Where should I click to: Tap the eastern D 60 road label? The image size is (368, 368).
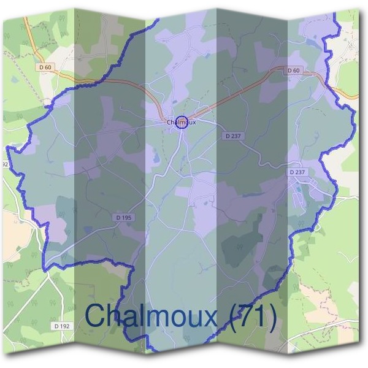point(293,71)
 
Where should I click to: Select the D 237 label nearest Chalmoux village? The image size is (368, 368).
point(232,136)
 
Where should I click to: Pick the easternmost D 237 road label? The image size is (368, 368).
point(297,172)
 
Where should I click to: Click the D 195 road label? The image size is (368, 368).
point(123,218)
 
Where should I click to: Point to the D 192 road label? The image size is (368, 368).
point(62,326)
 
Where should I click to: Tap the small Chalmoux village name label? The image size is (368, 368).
point(180,123)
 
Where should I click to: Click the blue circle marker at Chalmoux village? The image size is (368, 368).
point(181,122)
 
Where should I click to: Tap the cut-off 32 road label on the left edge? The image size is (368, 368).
point(4,165)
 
